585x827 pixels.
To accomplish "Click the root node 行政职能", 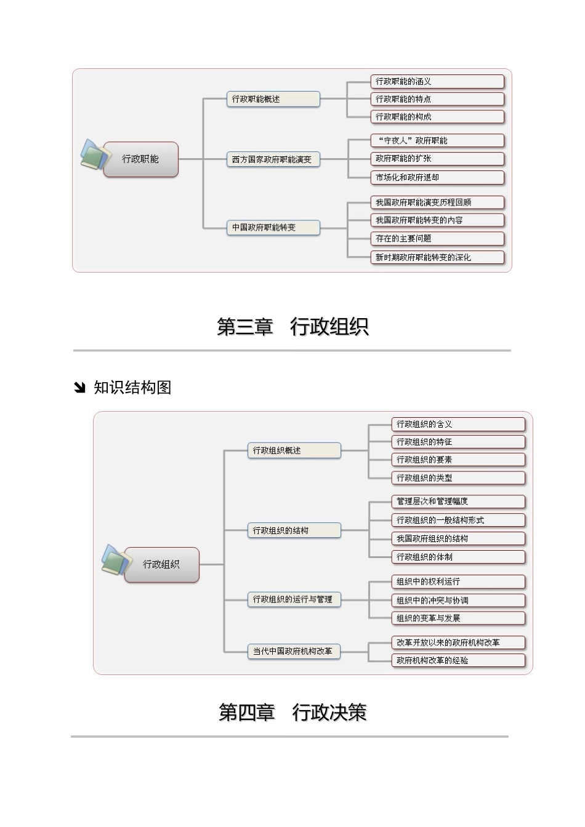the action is [x=141, y=159].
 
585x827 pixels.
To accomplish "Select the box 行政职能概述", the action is [x=273, y=99].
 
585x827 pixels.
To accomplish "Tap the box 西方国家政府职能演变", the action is [x=273, y=159].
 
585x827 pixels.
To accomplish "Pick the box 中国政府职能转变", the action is [x=273, y=228].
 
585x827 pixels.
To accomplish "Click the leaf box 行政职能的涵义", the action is [x=437, y=81].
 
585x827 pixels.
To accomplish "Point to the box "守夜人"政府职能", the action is [x=437, y=141].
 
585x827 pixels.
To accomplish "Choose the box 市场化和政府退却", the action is [x=437, y=178].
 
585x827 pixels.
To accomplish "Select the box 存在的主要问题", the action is [x=437, y=239].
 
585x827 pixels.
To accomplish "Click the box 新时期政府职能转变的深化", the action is [x=437, y=257].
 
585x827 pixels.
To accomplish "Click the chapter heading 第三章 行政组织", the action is [x=292, y=327].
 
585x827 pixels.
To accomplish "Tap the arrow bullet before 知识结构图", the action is [x=79, y=388].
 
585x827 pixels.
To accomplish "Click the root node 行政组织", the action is [x=161, y=564].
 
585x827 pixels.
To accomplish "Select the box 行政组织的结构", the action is [x=294, y=530].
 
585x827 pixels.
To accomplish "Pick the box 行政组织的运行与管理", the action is [x=294, y=599].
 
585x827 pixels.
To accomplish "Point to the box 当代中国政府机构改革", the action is [x=294, y=651].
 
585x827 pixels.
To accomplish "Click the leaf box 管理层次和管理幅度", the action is [x=458, y=501].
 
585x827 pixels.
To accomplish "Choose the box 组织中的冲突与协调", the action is [x=458, y=601].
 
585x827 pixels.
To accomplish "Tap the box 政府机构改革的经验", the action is [x=458, y=660].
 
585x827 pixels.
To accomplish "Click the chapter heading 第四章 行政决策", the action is [x=292, y=713].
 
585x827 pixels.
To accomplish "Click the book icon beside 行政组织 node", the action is [x=115, y=560].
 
